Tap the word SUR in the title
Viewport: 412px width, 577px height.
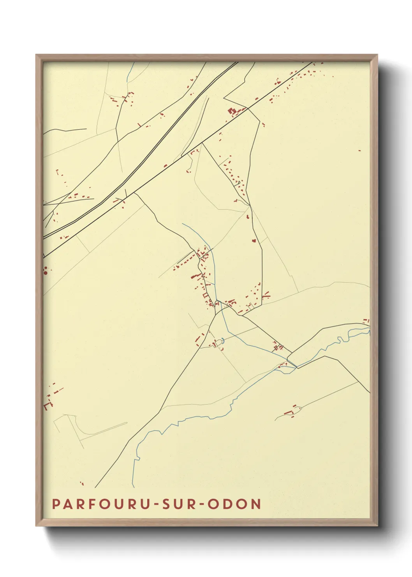pos(178,504)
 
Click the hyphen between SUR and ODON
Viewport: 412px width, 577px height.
pos(202,504)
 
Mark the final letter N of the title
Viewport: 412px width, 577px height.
pos(256,504)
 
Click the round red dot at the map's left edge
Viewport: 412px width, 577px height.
pos(46,273)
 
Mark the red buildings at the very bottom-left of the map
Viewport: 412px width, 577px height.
pos(82,483)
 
